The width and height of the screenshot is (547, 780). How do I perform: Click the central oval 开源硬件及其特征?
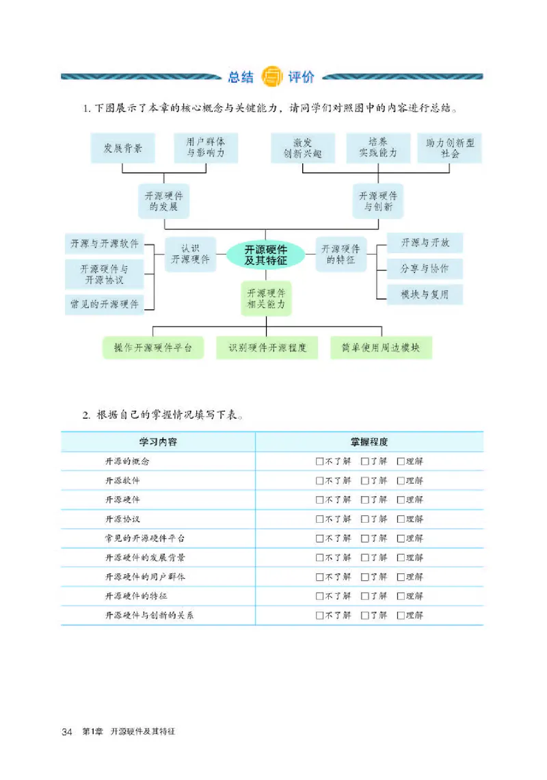point(265,255)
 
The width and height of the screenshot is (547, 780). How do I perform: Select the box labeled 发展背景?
point(123,148)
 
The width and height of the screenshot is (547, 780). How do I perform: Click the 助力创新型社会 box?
point(450,148)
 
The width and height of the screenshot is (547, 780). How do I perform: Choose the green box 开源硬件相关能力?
point(266,298)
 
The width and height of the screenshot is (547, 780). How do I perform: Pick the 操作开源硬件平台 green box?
point(153,348)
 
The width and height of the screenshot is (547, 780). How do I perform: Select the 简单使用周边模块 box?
point(381,348)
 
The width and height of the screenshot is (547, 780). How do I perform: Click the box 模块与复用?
point(425,294)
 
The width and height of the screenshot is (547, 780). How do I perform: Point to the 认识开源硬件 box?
point(190,255)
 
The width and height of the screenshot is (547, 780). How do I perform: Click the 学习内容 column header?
point(158,442)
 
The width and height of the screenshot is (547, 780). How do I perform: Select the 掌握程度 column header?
point(369,442)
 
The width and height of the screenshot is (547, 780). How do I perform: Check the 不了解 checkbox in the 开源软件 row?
point(319,481)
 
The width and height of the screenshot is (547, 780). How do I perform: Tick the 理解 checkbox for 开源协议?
point(400,519)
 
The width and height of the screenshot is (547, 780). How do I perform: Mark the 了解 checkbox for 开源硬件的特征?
point(364,596)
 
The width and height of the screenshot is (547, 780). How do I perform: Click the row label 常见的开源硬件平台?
point(144,538)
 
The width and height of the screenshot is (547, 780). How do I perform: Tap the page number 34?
point(67,733)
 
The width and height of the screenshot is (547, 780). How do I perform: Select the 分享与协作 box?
point(425,269)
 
